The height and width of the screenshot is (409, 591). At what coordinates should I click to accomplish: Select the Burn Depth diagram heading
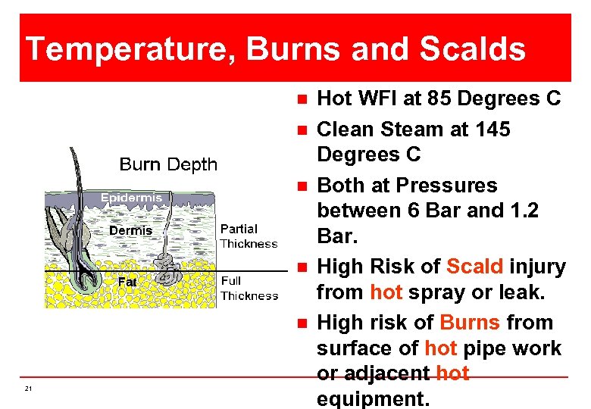[x=168, y=164]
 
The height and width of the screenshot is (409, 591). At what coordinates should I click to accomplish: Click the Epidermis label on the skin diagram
[x=132, y=198]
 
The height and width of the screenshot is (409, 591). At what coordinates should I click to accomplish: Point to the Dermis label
[x=131, y=230]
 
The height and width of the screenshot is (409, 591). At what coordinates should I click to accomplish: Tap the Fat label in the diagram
[x=127, y=283]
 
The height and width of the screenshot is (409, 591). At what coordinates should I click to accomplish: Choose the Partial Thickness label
[x=249, y=236]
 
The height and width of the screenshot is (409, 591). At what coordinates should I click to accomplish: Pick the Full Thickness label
[x=249, y=289]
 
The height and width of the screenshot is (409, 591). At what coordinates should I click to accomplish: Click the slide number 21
[x=28, y=389]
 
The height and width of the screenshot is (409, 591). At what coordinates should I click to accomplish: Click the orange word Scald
[x=475, y=267]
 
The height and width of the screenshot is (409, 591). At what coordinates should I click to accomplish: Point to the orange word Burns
[x=470, y=323]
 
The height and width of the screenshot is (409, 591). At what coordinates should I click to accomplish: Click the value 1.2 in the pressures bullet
[x=523, y=211]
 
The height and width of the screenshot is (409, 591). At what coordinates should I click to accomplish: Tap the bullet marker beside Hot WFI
[x=302, y=99]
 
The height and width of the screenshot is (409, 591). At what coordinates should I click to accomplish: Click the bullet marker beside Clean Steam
[x=302, y=130]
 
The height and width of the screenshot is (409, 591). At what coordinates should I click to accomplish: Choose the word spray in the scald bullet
[x=430, y=292]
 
